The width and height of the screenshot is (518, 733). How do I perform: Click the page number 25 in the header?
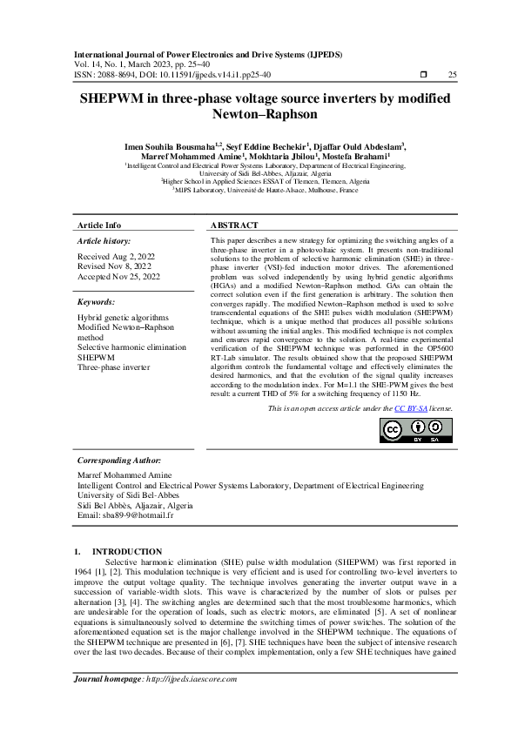coord(452,76)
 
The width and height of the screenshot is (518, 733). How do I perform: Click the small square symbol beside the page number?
coord(423,76)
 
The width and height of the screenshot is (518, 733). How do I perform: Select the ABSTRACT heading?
coord(236,225)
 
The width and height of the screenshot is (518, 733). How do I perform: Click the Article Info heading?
coord(100,225)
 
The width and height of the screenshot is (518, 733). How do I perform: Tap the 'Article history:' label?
coord(104,239)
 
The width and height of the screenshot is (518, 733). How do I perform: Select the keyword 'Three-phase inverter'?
coord(114,366)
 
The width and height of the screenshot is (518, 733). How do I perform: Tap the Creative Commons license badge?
coord(417,431)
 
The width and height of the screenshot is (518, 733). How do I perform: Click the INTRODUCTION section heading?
coord(126,552)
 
